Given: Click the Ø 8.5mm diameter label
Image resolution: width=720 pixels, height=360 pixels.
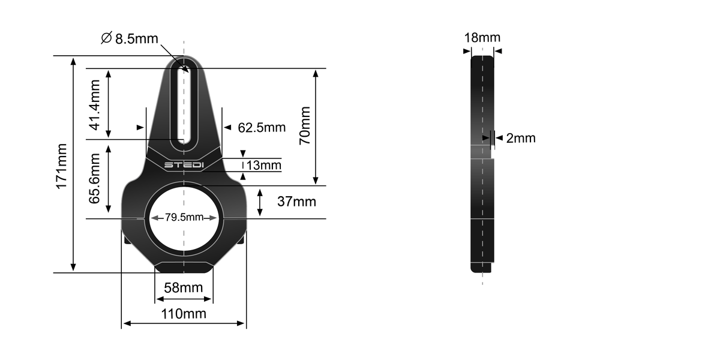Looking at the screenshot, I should pyautogui.click(x=130, y=38).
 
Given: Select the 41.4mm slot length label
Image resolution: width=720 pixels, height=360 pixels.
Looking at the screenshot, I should pyautogui.click(x=95, y=107).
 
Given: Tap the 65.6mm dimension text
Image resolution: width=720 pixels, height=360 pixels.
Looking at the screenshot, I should pyautogui.click(x=95, y=179).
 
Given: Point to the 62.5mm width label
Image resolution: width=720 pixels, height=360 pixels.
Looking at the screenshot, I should pyautogui.click(x=262, y=128).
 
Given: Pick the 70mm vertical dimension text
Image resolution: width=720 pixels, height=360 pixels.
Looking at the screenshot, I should pyautogui.click(x=305, y=125).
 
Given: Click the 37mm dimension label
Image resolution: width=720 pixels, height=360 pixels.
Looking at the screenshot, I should pyautogui.click(x=296, y=202).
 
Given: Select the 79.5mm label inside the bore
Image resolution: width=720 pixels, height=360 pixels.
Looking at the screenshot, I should pyautogui.click(x=184, y=217).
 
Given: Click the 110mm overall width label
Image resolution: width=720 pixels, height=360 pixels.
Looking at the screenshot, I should pyautogui.click(x=184, y=313).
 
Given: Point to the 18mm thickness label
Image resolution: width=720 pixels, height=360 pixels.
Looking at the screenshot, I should pyautogui.click(x=482, y=38).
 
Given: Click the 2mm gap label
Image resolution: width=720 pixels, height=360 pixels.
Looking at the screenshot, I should pyautogui.click(x=520, y=138).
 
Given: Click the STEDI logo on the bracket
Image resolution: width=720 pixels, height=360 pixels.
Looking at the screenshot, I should pyautogui.click(x=184, y=164).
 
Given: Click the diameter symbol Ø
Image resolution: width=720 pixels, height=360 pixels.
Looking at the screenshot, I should pyautogui.click(x=106, y=38).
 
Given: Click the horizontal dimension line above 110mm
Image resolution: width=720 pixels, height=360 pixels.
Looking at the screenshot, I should pyautogui.click(x=184, y=324).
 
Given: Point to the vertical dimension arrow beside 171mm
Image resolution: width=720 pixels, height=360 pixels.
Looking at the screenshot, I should pyautogui.click(x=73, y=165).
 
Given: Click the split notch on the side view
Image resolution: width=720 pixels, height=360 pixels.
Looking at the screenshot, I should pyautogui.click(x=492, y=152).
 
